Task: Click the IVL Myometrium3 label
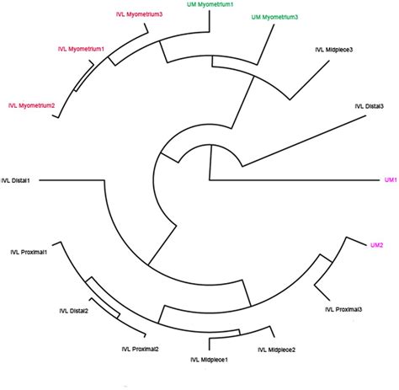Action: click(x=140, y=14)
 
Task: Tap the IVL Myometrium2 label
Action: click(x=31, y=105)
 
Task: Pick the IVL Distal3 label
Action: click(x=369, y=105)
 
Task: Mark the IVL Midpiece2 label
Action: click(x=276, y=349)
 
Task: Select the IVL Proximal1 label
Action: click(x=34, y=251)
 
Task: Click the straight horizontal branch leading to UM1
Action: click(x=295, y=180)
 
